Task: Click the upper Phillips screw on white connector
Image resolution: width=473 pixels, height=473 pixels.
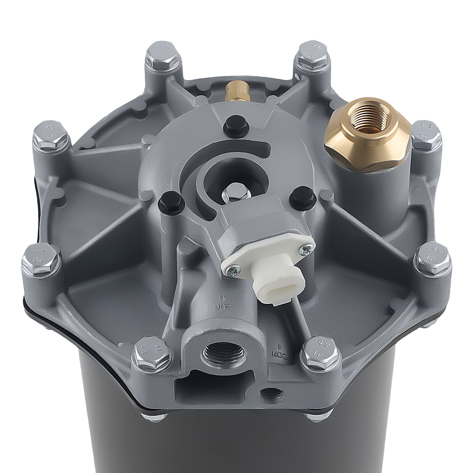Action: (x=306, y=250)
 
